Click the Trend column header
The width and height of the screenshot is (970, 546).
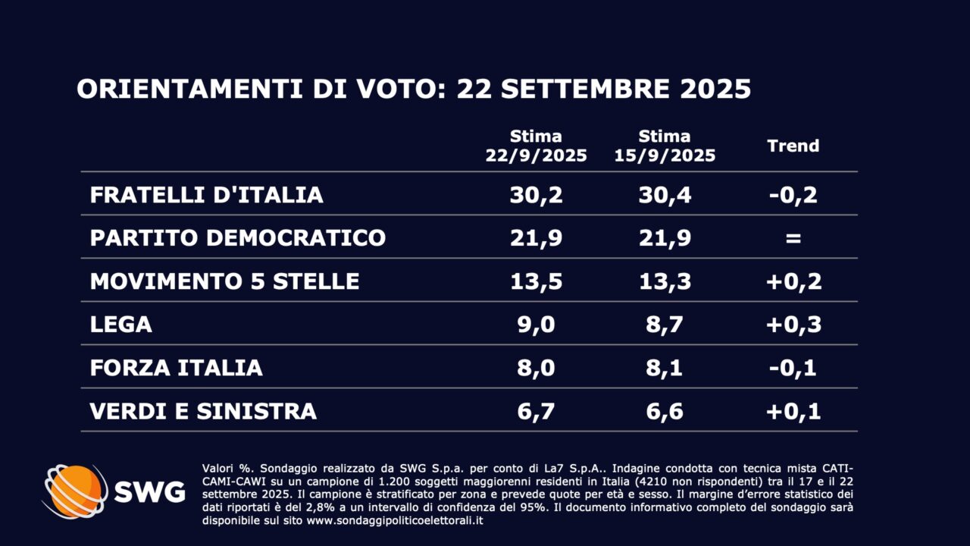pos(793,146)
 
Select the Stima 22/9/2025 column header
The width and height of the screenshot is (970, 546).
pos(536,146)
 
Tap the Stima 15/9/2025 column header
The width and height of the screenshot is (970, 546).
pos(665,146)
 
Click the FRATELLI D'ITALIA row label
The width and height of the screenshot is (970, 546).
pos(206,195)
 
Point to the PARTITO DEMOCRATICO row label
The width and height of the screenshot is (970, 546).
pos(237,238)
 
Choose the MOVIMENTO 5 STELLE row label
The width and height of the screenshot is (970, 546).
pos(224,281)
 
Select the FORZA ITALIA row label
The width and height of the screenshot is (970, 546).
pos(176,368)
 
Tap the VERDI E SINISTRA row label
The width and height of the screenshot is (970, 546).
pos(203,411)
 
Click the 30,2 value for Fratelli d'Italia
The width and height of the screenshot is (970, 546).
pos(536,195)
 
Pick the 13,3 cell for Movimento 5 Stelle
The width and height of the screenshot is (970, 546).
pos(665,281)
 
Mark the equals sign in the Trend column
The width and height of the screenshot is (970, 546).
pos(793,238)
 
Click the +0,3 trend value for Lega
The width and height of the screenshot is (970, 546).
pos(793,325)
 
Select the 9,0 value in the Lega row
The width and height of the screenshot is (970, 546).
pos(536,325)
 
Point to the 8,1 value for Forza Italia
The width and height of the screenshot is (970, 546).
pos(665,368)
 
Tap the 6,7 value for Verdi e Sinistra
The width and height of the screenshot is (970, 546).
pos(536,411)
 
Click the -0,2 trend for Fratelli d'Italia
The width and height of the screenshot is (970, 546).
pos(793,195)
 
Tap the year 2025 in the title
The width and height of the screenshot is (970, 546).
pos(715,89)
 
